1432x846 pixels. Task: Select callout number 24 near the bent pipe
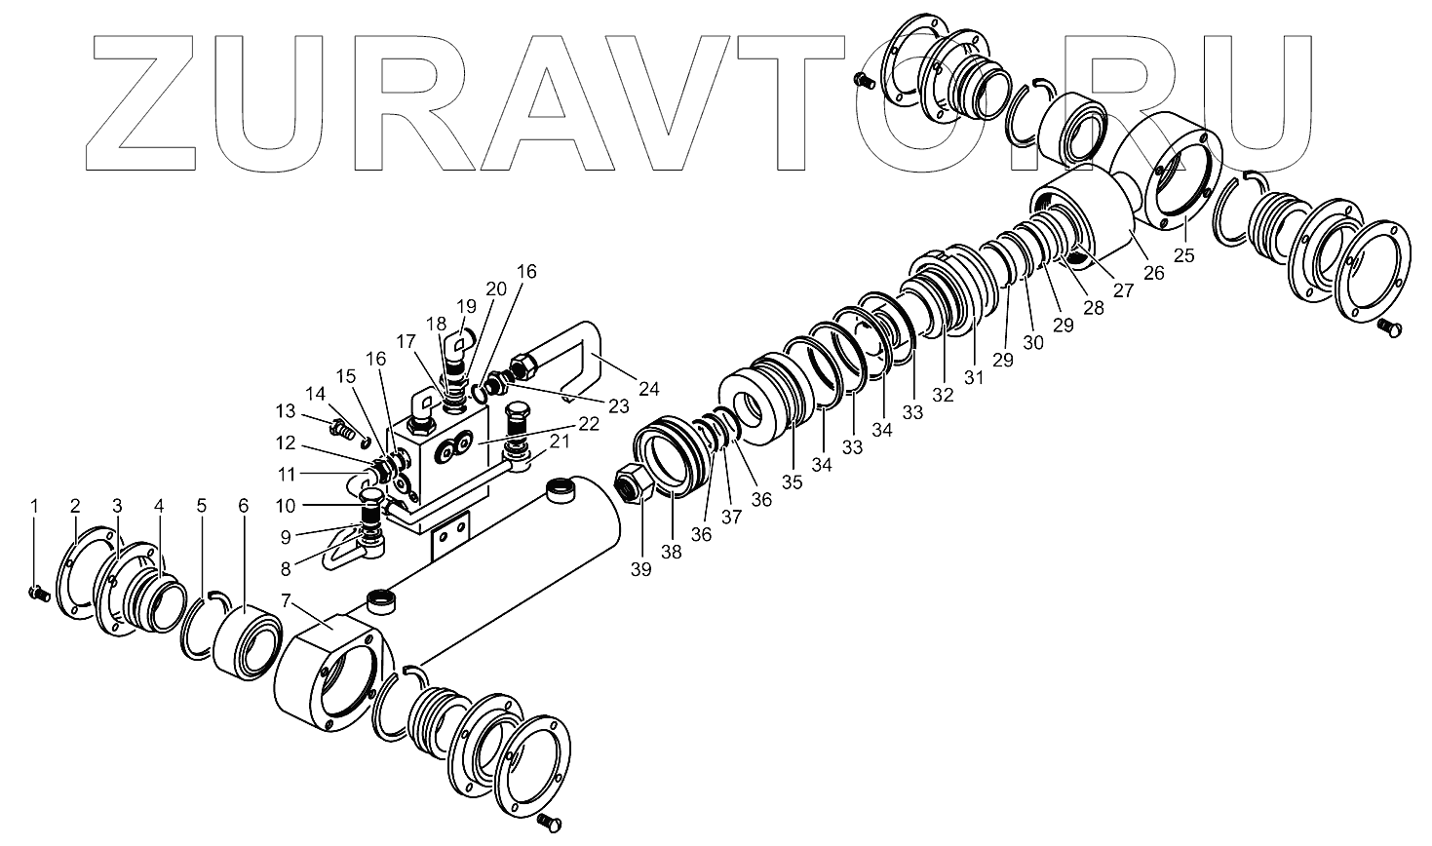(649, 389)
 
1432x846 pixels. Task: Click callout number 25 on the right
(1184, 255)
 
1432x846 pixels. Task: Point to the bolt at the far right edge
(1391, 331)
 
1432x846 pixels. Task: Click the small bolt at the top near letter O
(861, 82)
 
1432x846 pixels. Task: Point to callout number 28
(1093, 308)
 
